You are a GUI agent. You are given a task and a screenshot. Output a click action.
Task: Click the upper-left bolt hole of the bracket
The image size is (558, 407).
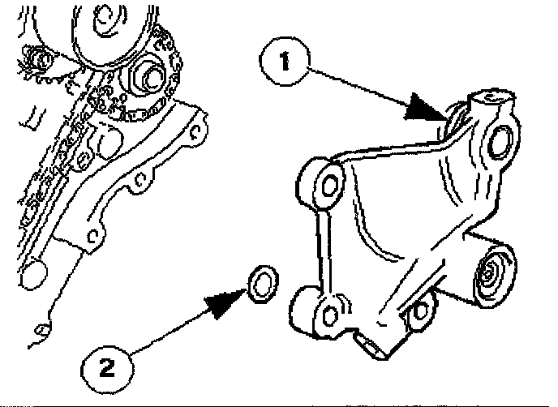tap(329, 184)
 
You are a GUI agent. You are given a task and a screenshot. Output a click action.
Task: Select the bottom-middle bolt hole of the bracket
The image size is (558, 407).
tap(419, 309)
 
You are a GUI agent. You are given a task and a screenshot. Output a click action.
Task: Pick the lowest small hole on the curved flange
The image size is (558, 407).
tap(94, 235)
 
